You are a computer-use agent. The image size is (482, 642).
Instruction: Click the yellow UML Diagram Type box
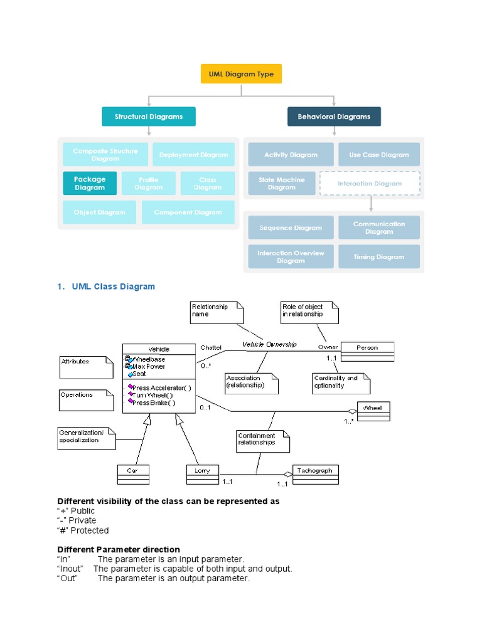(241, 74)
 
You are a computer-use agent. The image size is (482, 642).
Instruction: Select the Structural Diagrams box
(149, 117)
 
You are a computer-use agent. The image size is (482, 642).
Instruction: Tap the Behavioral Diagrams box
(334, 117)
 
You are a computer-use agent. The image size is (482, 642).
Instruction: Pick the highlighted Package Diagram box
(90, 183)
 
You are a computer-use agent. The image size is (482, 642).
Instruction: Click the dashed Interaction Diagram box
(370, 184)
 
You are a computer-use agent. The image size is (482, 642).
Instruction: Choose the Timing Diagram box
(379, 257)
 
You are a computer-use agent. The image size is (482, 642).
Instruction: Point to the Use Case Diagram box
(379, 155)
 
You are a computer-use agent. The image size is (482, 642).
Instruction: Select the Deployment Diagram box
(193, 155)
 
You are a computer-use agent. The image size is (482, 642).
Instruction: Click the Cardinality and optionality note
(341, 382)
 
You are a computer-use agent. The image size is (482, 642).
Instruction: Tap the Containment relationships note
(262, 439)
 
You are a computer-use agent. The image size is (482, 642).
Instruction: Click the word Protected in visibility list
(89, 530)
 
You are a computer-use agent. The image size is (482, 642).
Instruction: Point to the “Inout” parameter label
(70, 569)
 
